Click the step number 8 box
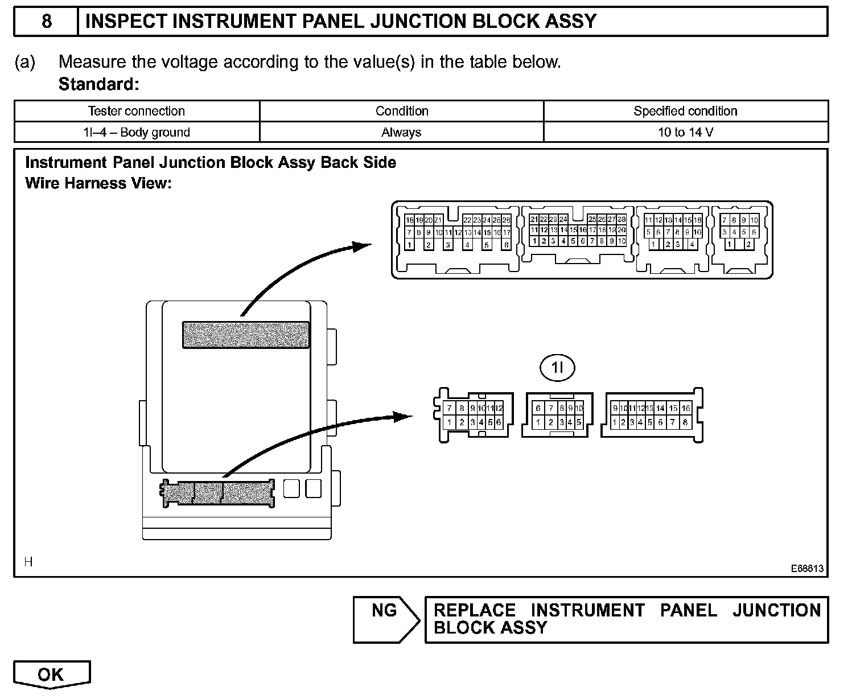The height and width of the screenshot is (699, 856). click(x=46, y=22)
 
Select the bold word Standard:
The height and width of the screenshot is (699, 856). click(x=98, y=84)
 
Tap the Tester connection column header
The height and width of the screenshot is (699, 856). click(x=137, y=111)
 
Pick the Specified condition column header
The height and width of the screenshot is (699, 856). click(x=685, y=111)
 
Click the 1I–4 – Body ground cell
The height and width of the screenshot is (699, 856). click(x=137, y=133)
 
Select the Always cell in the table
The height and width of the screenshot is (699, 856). click(x=401, y=133)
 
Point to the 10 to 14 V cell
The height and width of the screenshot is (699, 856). click(x=685, y=133)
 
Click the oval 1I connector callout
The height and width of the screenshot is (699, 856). click(x=557, y=368)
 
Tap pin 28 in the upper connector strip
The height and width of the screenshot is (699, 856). click(x=622, y=220)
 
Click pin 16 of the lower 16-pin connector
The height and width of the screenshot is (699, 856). click(x=686, y=408)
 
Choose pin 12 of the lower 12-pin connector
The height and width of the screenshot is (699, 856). click(x=499, y=408)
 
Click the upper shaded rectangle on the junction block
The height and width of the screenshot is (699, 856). click(x=246, y=335)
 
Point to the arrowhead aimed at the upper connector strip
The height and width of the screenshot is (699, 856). click(x=362, y=246)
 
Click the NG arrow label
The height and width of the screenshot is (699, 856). click(x=385, y=611)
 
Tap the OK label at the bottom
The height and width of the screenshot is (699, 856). click(x=51, y=675)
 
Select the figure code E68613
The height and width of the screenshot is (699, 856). click(x=806, y=569)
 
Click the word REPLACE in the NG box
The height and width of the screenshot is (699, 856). click(x=475, y=610)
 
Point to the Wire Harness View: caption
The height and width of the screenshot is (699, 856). click(x=98, y=183)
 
